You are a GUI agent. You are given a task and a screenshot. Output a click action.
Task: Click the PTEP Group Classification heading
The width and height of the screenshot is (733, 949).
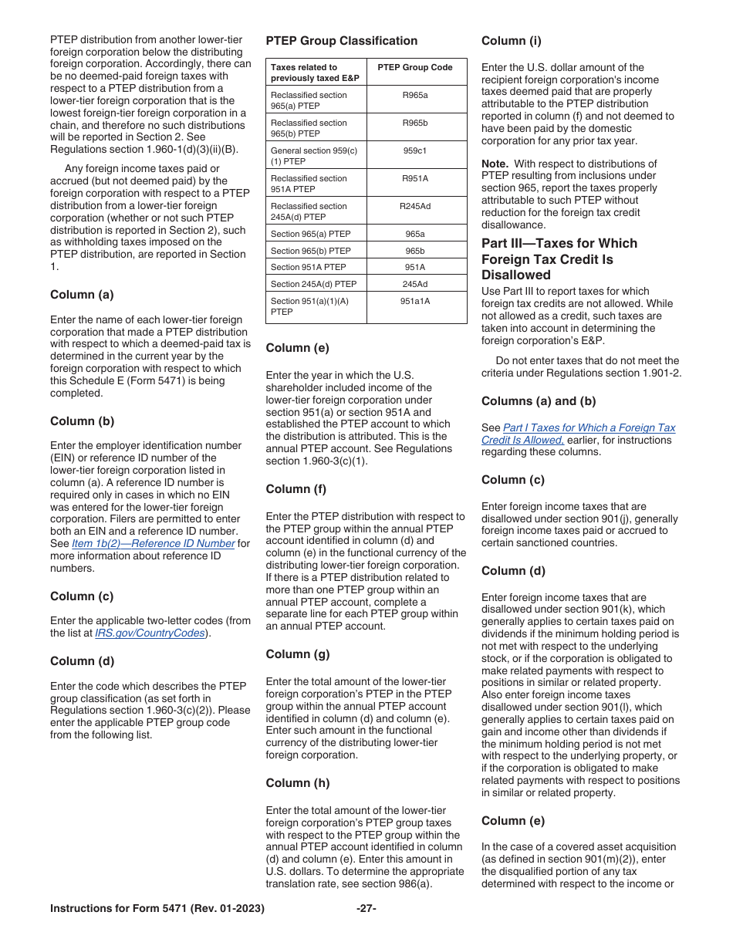(341, 41)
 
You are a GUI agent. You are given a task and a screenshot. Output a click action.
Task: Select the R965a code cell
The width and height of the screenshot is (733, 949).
(415, 95)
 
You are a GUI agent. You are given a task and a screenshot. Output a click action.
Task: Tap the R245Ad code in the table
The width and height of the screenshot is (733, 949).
(415, 206)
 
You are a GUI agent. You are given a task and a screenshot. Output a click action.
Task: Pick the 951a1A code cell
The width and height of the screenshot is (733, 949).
(415, 302)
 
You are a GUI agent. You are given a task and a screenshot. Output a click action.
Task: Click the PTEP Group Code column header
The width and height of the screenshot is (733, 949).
(415, 67)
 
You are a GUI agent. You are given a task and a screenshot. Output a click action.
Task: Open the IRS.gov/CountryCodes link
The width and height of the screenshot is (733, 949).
(150, 633)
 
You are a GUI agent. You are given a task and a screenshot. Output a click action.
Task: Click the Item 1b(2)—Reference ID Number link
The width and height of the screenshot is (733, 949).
(153, 543)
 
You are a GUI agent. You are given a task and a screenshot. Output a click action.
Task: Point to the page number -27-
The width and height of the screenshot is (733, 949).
(366, 909)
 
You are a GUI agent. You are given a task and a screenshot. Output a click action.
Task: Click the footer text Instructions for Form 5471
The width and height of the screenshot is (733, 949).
(157, 909)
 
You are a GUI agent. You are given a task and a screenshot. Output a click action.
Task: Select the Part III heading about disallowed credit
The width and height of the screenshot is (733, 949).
(559, 259)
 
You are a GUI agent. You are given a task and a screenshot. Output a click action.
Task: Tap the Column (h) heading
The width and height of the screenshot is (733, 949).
(297, 783)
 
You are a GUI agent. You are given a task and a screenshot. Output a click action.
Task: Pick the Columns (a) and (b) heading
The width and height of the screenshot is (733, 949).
(539, 401)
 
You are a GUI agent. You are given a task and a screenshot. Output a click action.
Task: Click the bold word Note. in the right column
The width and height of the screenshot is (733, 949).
(495, 164)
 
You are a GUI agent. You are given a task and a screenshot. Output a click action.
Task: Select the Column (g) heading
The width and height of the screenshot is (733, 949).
(297, 654)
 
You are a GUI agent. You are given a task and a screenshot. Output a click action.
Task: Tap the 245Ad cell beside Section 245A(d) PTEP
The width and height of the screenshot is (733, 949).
(415, 284)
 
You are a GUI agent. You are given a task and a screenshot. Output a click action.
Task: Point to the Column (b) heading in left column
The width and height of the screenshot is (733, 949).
(82, 421)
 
